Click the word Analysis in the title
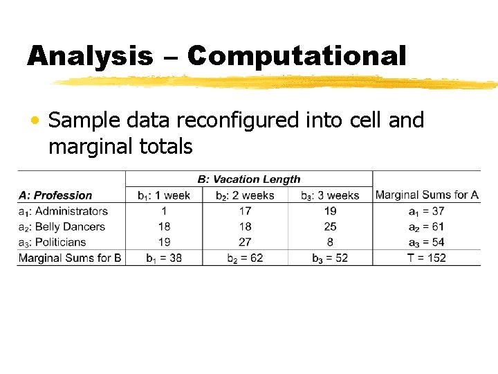point(90,56)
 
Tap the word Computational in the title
point(296,56)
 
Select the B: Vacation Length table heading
point(249,179)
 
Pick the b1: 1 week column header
point(164,195)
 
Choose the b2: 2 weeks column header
point(245,195)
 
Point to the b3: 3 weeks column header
point(330,195)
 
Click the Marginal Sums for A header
point(427,195)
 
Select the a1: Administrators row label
point(63,211)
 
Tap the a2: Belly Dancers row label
point(62,226)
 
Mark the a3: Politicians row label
point(52,242)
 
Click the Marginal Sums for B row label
point(71,258)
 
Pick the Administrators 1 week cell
point(164,211)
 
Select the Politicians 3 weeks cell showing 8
point(330,242)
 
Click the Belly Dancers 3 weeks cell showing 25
point(330,226)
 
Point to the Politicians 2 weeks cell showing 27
point(245,242)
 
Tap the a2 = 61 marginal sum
point(426,226)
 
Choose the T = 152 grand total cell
point(426,258)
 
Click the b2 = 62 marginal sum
point(245,258)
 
